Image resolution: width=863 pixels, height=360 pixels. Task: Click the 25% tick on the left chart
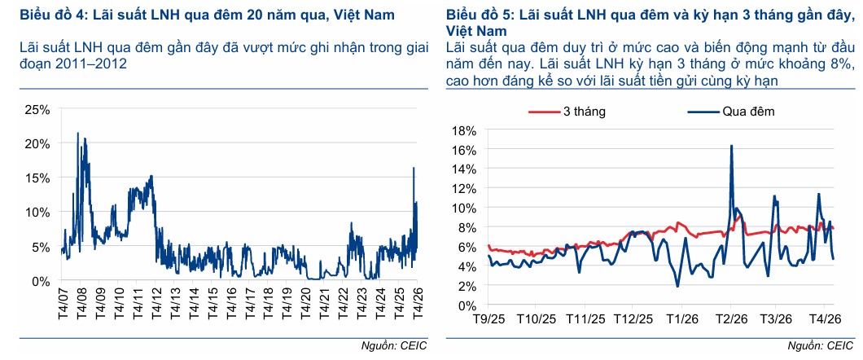coord(40,109)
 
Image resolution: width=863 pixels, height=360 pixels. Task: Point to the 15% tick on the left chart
coord(40,178)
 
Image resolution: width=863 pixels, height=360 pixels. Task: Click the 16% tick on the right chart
coord(463,150)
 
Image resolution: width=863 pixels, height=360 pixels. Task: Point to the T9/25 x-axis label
coord(488,318)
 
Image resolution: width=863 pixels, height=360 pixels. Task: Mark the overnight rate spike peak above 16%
coord(731,146)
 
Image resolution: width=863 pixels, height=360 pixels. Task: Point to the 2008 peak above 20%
coord(77,133)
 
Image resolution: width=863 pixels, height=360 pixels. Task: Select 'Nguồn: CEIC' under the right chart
coord(823,347)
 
